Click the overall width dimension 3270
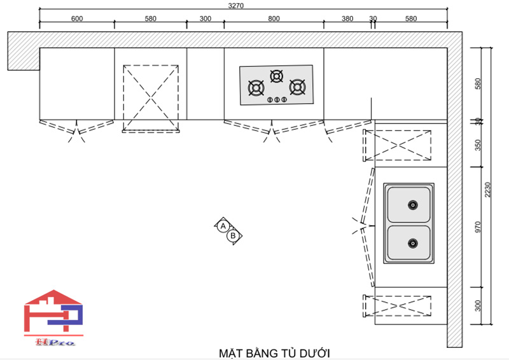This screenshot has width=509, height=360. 236,5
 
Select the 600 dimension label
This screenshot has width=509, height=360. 76,18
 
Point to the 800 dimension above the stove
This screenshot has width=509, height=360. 274,18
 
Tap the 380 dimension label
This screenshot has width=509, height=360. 347,18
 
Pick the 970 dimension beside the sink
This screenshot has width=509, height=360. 478,226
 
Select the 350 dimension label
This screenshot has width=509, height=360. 478,144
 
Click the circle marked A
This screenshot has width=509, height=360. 223,226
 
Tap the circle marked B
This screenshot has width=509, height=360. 234,235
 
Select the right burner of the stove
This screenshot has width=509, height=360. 297,87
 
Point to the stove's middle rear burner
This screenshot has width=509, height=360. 276,76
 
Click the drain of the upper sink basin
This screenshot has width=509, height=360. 412,205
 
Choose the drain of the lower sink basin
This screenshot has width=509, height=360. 412,243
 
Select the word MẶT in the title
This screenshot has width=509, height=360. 230,352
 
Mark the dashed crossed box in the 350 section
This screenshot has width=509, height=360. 397,145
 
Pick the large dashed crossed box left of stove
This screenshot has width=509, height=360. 150,97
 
